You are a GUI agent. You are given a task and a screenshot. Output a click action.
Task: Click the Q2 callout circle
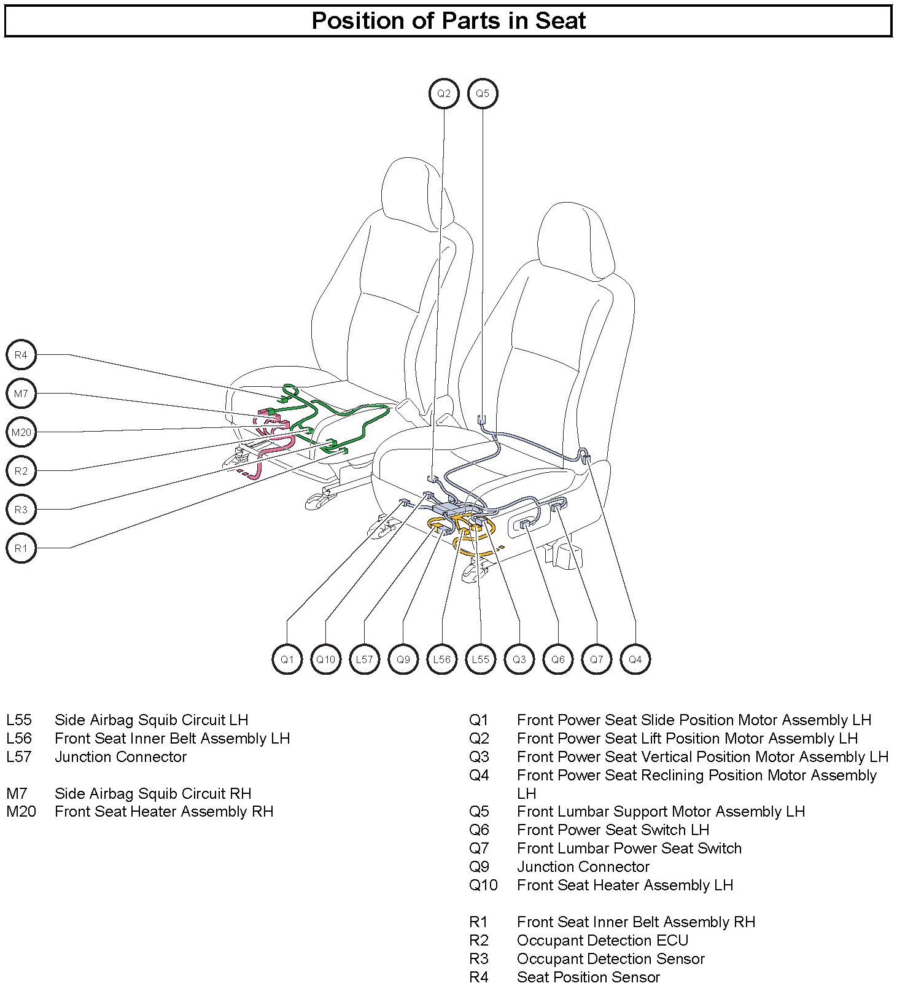443,94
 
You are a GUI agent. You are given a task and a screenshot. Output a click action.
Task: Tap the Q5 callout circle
483,94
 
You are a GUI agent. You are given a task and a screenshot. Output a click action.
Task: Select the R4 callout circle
21,355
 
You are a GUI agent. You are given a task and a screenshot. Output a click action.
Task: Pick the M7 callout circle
21,394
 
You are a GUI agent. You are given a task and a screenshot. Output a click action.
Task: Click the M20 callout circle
21,432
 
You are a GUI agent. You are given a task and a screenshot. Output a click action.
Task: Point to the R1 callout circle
21,548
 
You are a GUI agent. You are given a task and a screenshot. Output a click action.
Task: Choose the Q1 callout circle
287,659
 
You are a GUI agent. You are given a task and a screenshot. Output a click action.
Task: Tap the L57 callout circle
365,659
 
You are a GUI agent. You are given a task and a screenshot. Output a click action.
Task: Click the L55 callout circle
480,659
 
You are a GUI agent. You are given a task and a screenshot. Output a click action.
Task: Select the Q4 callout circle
635,659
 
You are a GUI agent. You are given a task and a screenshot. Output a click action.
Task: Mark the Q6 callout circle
557,659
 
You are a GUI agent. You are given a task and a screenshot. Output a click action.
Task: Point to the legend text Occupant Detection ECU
602,940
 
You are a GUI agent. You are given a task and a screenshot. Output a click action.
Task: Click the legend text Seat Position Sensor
588,977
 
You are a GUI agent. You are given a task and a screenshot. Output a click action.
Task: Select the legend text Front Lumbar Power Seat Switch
629,848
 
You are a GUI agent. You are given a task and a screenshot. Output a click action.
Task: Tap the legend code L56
19,738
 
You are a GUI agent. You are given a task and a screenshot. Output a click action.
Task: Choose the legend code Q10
483,885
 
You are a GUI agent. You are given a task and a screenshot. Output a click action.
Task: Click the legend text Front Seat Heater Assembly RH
164,811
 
